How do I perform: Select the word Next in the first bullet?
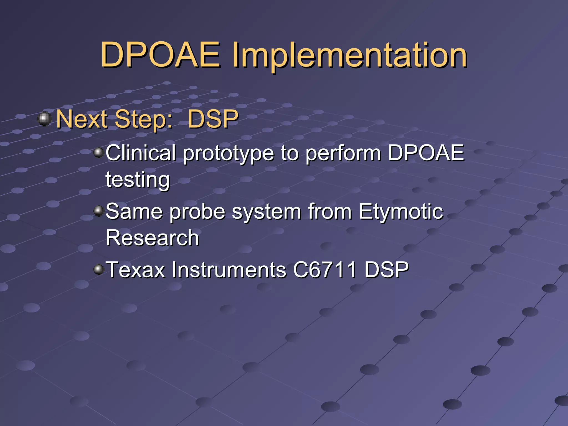tap(82, 119)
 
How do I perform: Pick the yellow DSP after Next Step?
tap(213, 119)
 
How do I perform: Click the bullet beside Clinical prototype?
tap(98, 152)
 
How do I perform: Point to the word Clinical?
tap(141, 153)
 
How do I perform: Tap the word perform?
tap(343, 154)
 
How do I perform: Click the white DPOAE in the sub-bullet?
tap(426, 153)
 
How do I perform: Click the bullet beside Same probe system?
tap(98, 211)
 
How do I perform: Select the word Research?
tap(152, 238)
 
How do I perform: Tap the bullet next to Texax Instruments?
tap(98, 269)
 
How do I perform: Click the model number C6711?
tap(324, 270)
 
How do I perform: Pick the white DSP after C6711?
tap(387, 270)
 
